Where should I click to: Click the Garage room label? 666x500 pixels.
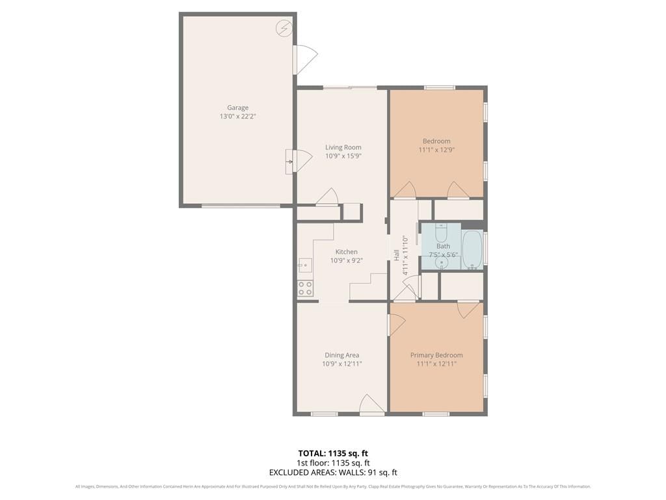pyautogui.click(x=237, y=107)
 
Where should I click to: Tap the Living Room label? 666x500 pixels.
pyautogui.click(x=343, y=147)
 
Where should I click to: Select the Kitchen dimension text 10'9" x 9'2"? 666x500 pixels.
pyautogui.click(x=347, y=260)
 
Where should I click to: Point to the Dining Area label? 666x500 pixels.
pyautogui.click(x=342, y=355)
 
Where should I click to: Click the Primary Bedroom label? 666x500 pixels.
pyautogui.click(x=436, y=355)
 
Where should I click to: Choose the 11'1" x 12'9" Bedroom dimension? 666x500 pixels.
pyautogui.click(x=436, y=150)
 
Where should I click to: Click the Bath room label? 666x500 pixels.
pyautogui.click(x=443, y=245)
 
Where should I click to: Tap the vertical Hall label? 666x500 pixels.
pyautogui.click(x=396, y=255)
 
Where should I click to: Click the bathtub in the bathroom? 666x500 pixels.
pyautogui.click(x=472, y=249)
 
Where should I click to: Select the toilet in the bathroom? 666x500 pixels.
pyautogui.click(x=441, y=232)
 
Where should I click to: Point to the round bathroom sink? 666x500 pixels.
pyautogui.click(x=442, y=263)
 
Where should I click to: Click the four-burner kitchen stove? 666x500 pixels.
pyautogui.click(x=305, y=288)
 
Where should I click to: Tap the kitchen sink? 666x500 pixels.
pyautogui.click(x=304, y=266)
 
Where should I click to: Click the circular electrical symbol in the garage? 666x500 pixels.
pyautogui.click(x=284, y=28)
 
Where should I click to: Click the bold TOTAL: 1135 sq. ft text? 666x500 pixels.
pyautogui.click(x=333, y=453)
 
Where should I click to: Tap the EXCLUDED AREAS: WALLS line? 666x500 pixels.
pyautogui.click(x=333, y=473)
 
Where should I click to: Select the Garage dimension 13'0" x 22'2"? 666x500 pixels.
pyautogui.click(x=238, y=116)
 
